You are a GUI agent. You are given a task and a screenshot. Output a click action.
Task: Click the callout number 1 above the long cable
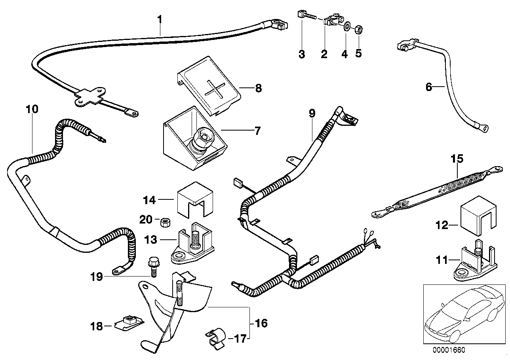point(160,19)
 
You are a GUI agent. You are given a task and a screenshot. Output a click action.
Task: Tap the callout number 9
point(312,114)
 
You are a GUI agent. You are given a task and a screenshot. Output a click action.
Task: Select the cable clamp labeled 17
point(216,338)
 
